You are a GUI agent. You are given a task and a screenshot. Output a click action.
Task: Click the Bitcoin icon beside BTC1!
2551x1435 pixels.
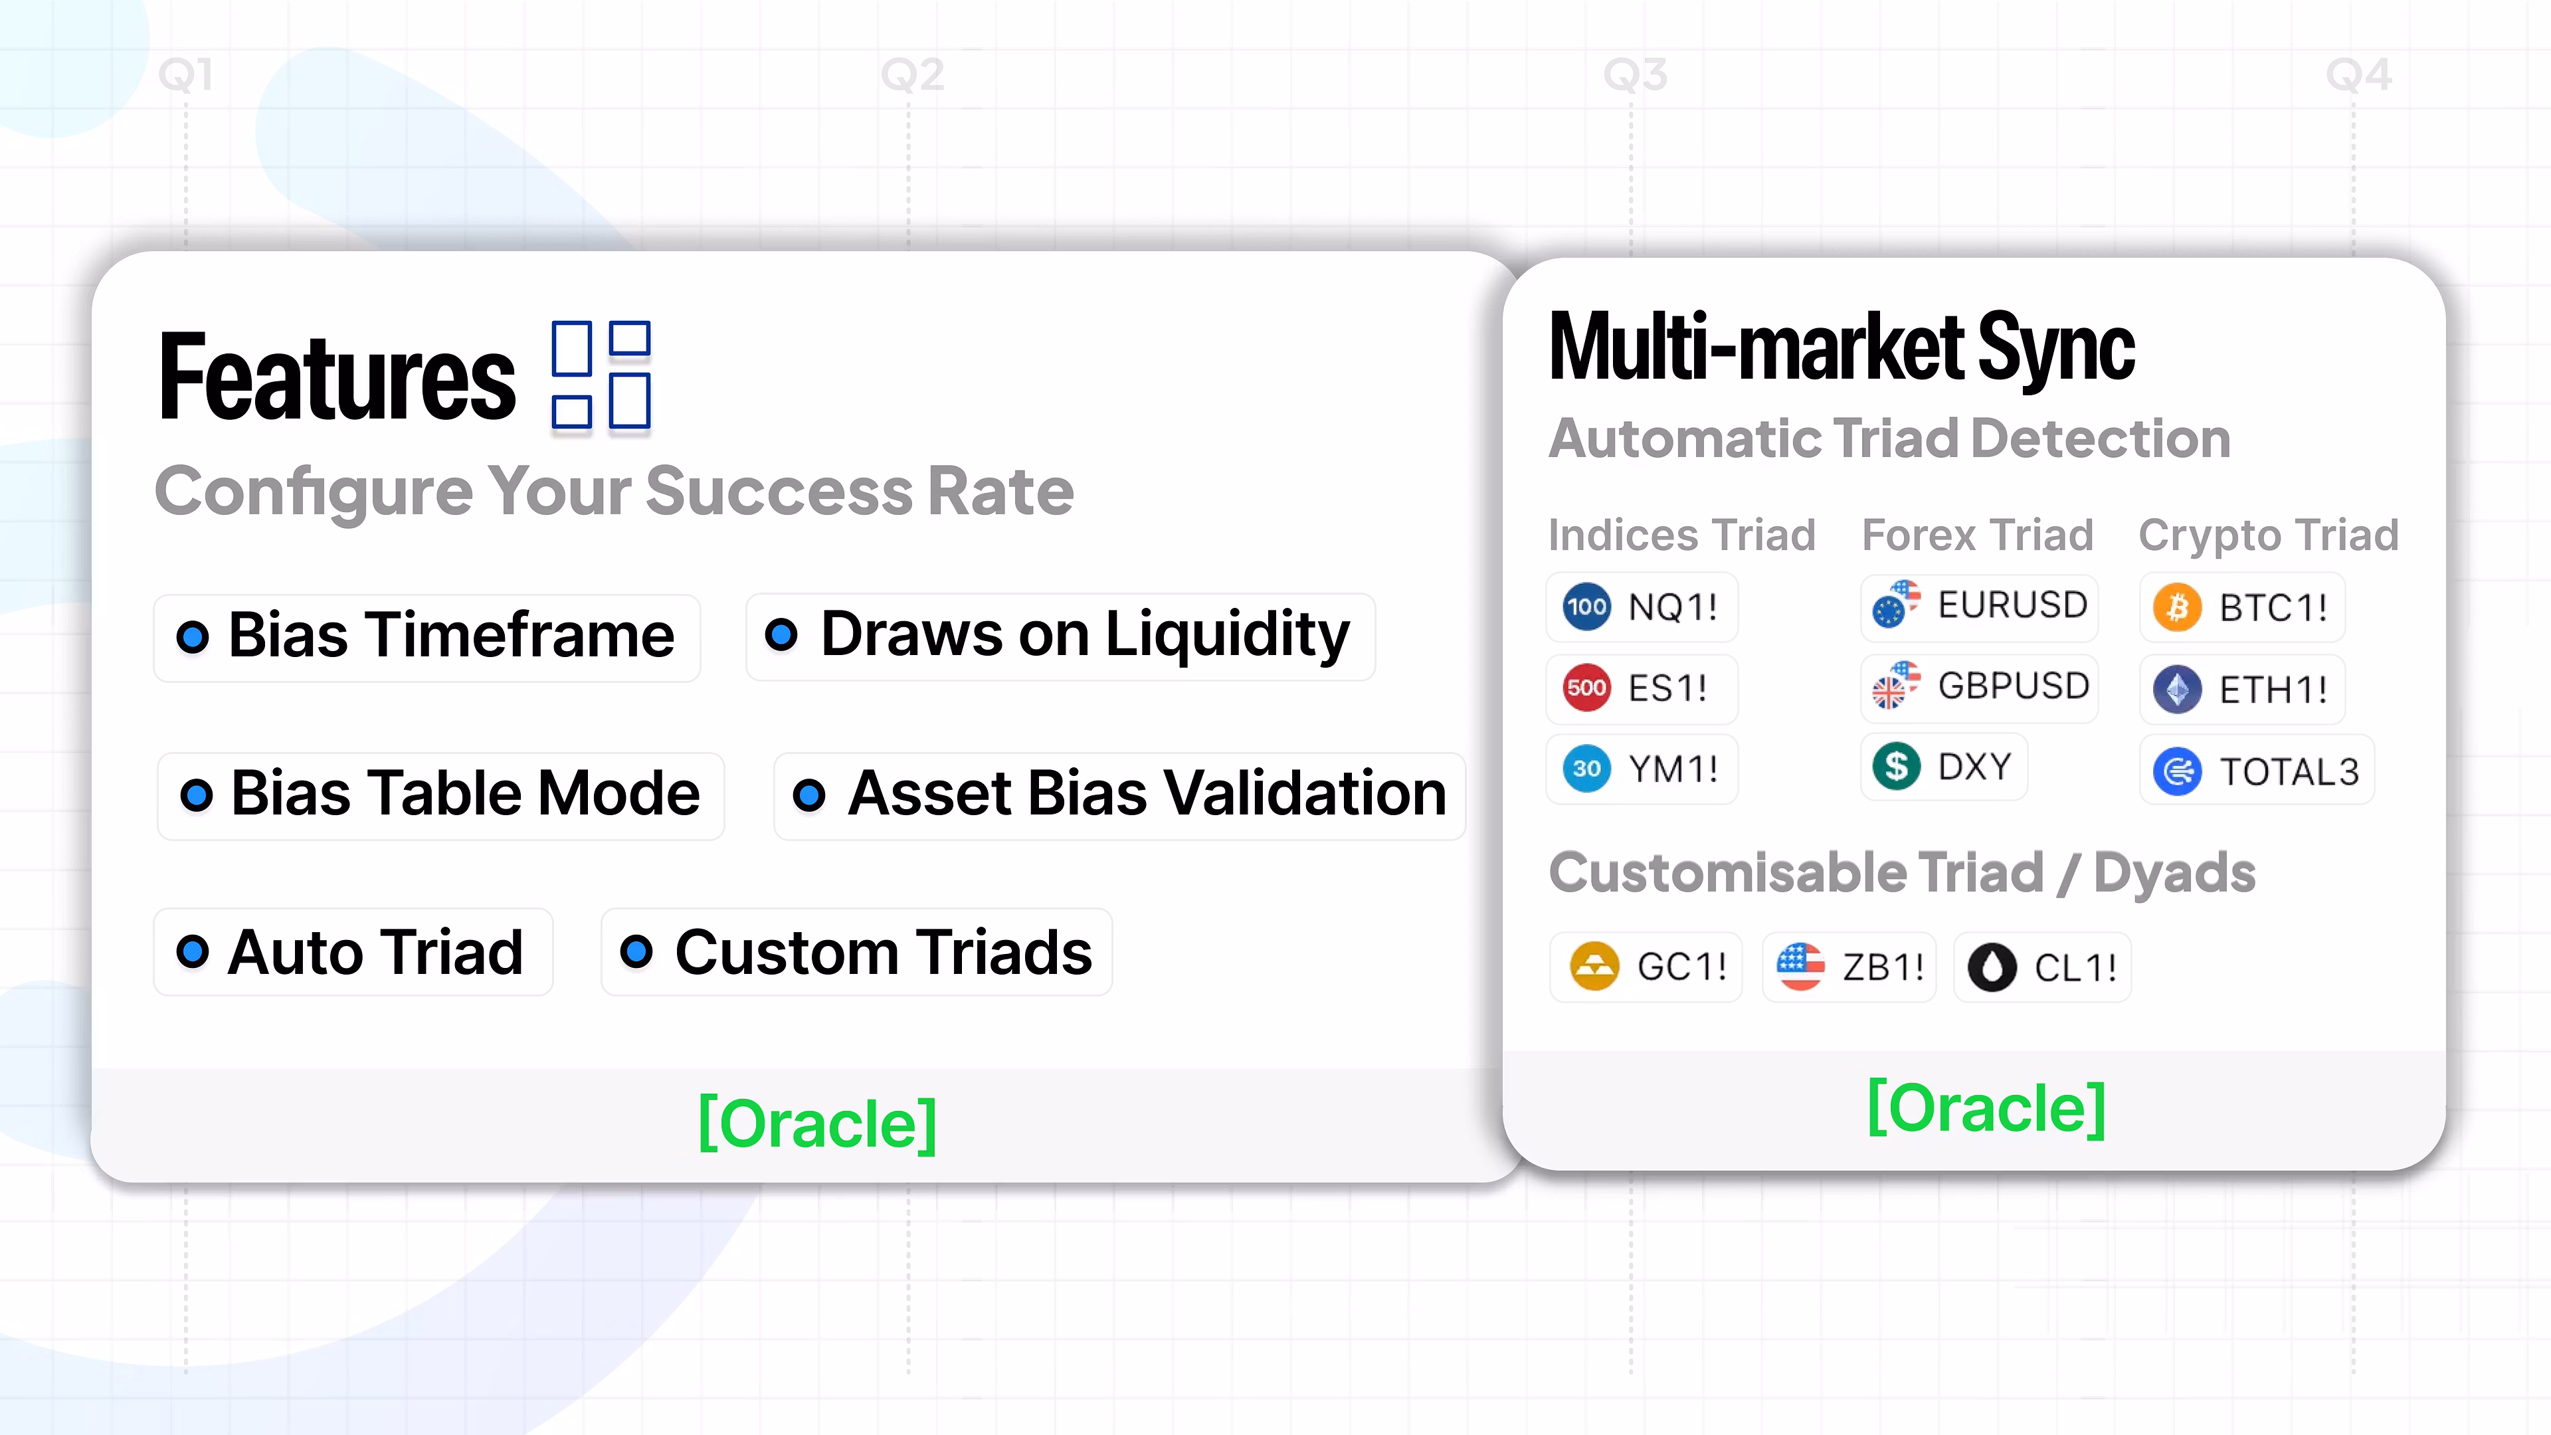point(2177,607)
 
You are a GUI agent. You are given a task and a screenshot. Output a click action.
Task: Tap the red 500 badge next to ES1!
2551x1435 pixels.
point(1586,688)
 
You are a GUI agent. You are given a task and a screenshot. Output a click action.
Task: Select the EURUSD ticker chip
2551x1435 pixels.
point(1978,606)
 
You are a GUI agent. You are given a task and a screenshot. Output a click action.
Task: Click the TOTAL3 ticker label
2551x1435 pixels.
point(2289,771)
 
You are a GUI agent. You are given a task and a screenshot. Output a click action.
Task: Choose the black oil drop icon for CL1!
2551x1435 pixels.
point(1992,967)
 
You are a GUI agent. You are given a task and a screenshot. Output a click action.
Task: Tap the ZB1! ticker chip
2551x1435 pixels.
point(1849,967)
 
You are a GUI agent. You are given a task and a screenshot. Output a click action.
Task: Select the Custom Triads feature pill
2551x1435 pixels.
point(856,952)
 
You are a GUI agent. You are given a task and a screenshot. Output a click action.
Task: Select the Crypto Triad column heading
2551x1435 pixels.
point(2269,535)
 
